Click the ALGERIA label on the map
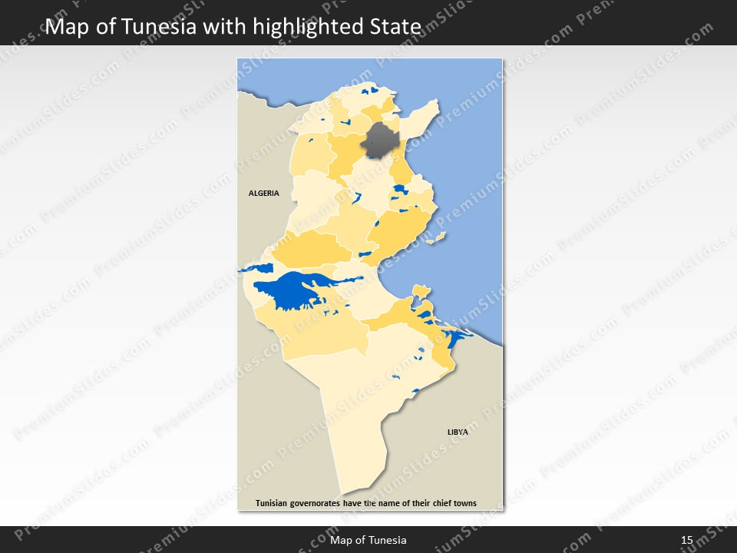click(263, 194)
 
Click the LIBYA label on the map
click(458, 432)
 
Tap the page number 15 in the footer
click(686, 540)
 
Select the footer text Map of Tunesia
click(368, 540)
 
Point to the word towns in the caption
click(464, 504)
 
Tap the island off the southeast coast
click(419, 290)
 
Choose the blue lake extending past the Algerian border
click(256, 269)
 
